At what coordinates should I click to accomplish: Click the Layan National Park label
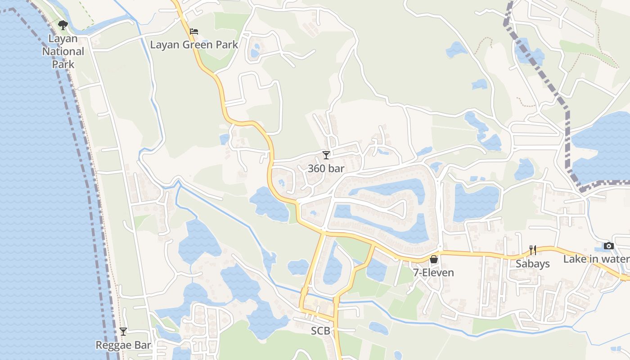(63, 51)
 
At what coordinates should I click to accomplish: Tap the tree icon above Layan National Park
(63, 25)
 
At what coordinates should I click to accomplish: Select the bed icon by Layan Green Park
(194, 31)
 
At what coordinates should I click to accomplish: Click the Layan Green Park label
(194, 45)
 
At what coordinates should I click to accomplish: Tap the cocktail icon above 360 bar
(326, 155)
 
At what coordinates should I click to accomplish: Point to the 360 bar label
(326, 169)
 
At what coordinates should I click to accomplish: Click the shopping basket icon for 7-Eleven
(434, 259)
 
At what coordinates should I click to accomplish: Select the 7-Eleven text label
(434, 273)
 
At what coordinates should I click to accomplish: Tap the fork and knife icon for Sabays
(533, 250)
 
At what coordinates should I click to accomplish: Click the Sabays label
(533, 264)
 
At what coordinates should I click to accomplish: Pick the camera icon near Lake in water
(609, 246)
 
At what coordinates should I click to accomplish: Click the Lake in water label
(597, 259)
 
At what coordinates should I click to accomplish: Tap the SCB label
(321, 331)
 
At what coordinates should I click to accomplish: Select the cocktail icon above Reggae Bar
(123, 332)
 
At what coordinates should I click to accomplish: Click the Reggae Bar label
(123, 345)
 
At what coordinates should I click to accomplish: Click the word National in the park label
(63, 51)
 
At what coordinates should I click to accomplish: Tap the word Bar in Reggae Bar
(142, 345)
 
